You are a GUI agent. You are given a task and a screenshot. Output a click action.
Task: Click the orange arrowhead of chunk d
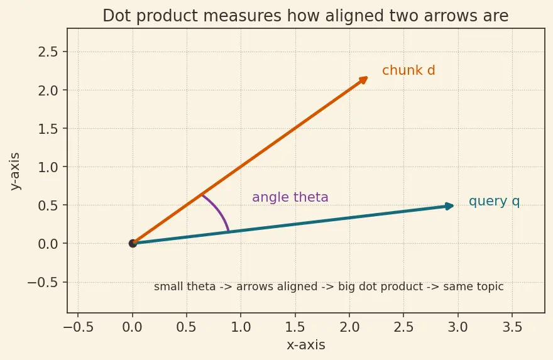click(364, 80)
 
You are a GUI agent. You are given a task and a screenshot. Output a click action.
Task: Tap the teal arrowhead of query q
click(450, 206)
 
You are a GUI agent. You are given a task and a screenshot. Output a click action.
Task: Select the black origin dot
click(133, 243)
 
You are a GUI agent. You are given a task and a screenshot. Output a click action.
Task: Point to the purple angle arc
click(219, 210)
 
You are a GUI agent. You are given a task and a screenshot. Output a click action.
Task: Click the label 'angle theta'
click(290, 197)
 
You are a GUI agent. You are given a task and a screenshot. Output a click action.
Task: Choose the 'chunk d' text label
click(408, 70)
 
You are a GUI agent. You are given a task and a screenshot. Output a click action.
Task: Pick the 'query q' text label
click(494, 201)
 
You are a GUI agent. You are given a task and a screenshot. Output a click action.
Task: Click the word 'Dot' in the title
click(116, 16)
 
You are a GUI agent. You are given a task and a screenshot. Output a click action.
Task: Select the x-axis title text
click(306, 345)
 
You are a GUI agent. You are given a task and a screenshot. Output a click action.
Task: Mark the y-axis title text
click(15, 172)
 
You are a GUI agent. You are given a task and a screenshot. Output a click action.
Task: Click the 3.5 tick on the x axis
click(512, 327)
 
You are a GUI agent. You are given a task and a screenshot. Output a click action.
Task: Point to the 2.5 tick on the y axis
click(48, 52)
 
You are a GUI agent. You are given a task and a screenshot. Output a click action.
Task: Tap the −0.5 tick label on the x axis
click(78, 327)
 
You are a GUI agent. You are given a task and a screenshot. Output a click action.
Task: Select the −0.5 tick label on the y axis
click(43, 283)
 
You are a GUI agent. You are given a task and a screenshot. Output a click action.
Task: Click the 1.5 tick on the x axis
click(295, 327)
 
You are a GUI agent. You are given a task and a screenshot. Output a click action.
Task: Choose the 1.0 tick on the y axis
click(48, 167)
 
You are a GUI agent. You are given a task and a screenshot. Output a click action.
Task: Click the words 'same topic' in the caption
click(473, 286)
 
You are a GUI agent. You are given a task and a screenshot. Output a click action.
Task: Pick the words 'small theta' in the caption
click(185, 286)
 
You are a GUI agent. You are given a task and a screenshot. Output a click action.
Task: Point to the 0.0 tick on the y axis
click(48, 244)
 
